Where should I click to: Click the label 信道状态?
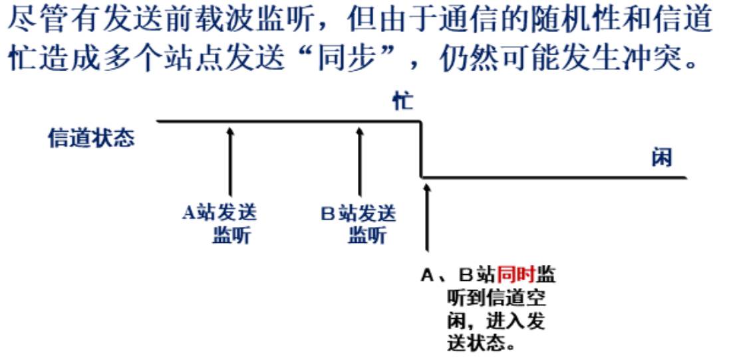[x=91, y=138]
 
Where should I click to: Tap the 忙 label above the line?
[x=402, y=102]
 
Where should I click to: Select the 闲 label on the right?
[x=661, y=158]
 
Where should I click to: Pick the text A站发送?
[x=219, y=214]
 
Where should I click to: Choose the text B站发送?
[x=359, y=214]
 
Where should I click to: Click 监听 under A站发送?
[x=231, y=235]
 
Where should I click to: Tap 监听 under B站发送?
[x=366, y=235]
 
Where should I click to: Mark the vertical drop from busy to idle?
[x=421, y=149]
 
